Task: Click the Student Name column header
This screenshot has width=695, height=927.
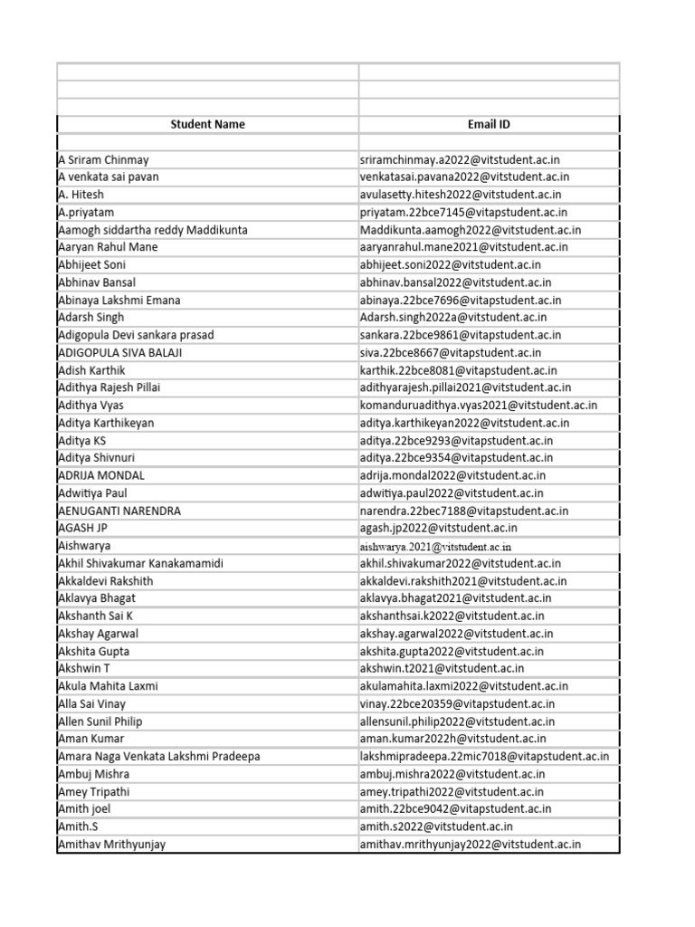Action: (208, 124)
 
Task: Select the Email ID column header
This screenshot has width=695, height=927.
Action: (489, 124)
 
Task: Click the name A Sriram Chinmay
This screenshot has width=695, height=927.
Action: (103, 159)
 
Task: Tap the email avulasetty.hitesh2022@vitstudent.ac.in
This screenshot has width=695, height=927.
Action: (461, 195)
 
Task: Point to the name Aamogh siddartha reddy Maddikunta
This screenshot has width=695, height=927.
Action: (152, 230)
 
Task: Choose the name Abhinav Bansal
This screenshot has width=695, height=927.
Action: (96, 282)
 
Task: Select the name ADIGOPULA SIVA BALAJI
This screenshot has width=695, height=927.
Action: (119, 353)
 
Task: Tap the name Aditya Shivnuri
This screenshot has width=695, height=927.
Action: (96, 458)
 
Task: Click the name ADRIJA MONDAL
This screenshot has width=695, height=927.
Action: (100, 475)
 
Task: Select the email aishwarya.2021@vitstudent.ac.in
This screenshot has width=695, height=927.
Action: (435, 547)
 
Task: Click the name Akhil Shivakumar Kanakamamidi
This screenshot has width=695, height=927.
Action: (140, 563)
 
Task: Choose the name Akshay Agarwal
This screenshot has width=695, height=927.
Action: (98, 634)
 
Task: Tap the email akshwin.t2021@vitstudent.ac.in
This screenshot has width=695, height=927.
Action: (442, 668)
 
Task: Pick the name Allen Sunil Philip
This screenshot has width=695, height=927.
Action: (100, 722)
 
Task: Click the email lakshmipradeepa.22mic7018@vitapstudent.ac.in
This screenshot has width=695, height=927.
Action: (484, 757)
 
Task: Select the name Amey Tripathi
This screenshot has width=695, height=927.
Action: (93, 791)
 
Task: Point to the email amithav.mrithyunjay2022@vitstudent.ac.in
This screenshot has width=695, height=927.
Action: (470, 845)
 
